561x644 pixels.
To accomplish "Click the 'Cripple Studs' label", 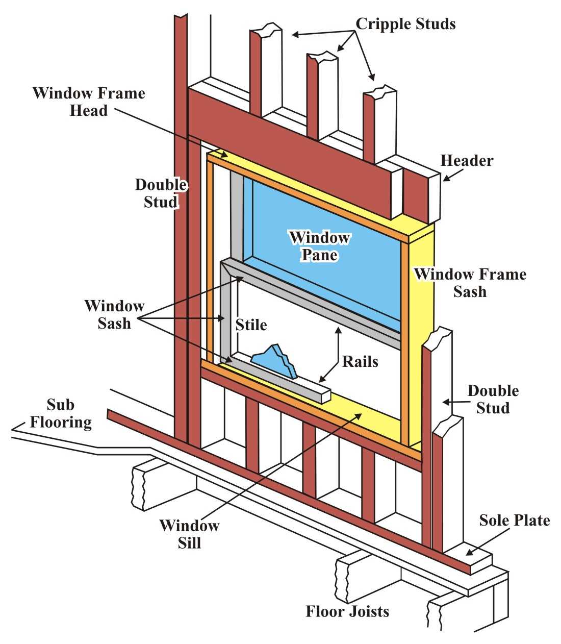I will (405, 23).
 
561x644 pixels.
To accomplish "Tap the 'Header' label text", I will (467, 161).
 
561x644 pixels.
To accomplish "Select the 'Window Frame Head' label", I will (89, 102).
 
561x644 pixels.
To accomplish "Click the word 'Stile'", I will (251, 325).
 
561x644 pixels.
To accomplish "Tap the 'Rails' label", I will (360, 362).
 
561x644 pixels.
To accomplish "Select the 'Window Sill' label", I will (189, 533).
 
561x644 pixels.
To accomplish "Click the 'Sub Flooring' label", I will (61, 413).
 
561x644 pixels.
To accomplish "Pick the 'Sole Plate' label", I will (515, 521).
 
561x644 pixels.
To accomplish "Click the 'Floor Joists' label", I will (347, 611).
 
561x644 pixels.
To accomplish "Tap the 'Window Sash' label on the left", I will (115, 314).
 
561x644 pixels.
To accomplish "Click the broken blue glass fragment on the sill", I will (276, 360).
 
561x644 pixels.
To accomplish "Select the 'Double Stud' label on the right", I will (493, 399).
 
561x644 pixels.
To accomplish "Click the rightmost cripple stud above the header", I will (378, 122).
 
